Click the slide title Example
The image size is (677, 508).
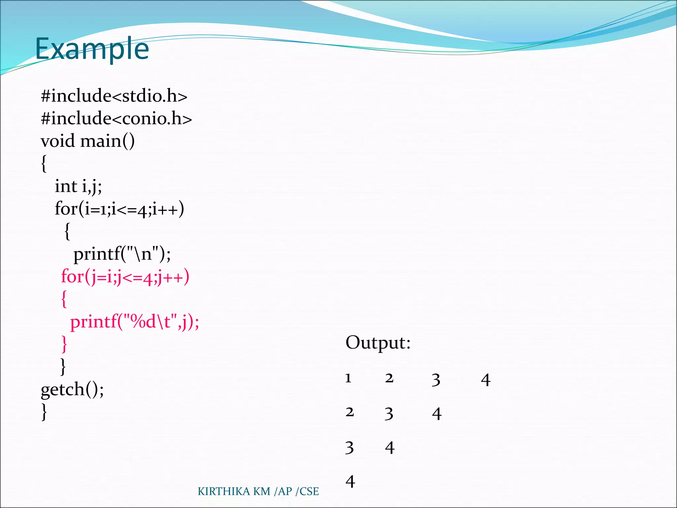coord(92,49)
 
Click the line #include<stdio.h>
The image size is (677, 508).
coord(114,96)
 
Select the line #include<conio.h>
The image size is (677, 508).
coord(116,118)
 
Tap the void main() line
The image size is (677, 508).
coord(88,141)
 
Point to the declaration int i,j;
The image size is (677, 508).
coord(78,186)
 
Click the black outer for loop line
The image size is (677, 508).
coord(119,209)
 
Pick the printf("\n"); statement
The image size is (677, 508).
coord(122,254)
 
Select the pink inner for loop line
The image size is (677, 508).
coord(125,277)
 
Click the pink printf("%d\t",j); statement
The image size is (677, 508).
coord(135,322)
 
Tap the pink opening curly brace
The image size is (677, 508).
coord(64,299)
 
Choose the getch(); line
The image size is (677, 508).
coord(72,389)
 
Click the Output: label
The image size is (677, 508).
coord(378,343)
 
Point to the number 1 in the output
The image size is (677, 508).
coord(348,378)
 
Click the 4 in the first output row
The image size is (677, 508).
coord(486,380)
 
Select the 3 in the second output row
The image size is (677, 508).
coord(389,414)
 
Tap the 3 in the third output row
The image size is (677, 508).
coord(349,448)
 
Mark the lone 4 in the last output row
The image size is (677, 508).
coord(350,482)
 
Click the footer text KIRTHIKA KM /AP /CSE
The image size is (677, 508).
coord(258,491)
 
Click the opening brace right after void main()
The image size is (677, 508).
coord(44,164)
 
